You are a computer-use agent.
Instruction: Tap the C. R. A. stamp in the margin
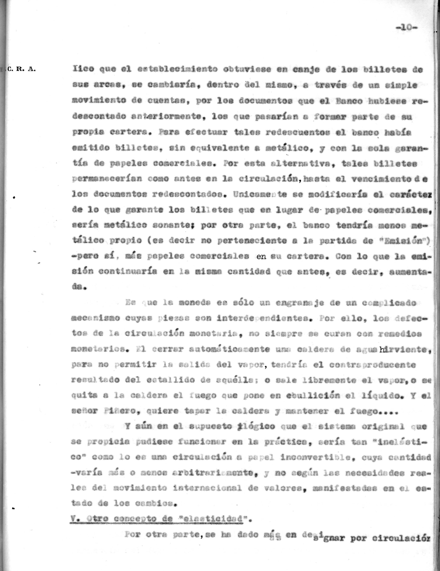click(x=22, y=70)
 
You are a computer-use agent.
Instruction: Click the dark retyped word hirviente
click(x=402, y=350)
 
